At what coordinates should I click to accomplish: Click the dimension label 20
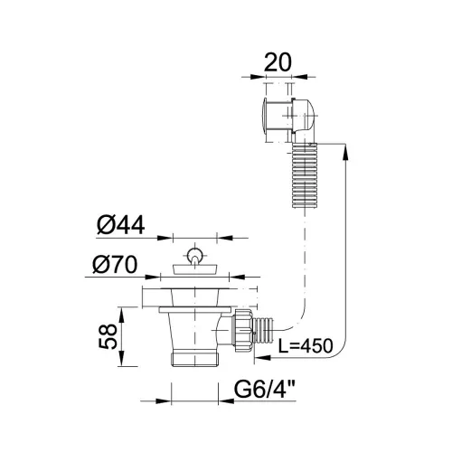tap(278, 62)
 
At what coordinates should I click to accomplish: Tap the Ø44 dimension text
tap(121, 225)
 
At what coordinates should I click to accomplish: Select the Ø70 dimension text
tap(116, 265)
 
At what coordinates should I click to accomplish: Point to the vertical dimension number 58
tap(108, 336)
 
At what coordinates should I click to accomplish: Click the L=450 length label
tap(306, 345)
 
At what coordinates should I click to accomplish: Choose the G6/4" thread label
tap(264, 390)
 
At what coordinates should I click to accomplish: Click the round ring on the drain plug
tap(194, 255)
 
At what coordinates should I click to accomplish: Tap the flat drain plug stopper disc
tap(195, 269)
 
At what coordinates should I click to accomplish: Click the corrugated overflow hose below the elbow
tap(305, 175)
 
